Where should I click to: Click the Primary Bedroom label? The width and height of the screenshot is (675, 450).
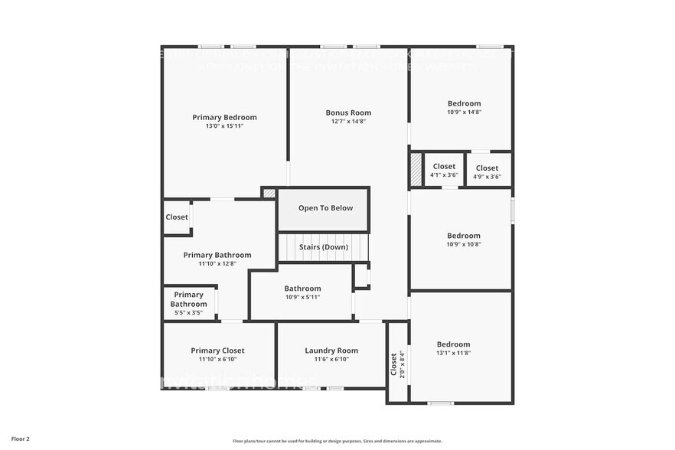[x=224, y=117]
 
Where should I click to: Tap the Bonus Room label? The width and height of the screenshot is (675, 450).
[x=348, y=112]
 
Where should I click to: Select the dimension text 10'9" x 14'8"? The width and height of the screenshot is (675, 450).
[x=464, y=112]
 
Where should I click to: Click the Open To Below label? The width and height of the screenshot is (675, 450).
[x=325, y=207]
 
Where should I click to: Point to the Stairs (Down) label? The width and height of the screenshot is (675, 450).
[x=324, y=247]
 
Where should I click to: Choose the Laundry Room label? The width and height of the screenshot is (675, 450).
[x=331, y=351]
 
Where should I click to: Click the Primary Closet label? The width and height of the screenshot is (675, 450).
[x=218, y=351]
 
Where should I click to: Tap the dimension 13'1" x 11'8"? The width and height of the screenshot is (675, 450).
[x=453, y=353]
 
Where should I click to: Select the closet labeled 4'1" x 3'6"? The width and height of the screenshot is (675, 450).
[x=444, y=170]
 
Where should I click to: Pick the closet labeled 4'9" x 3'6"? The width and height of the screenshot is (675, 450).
[x=487, y=172]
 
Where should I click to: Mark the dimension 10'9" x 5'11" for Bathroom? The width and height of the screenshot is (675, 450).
[x=302, y=297]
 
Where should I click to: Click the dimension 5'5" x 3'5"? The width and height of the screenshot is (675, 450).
[x=188, y=312]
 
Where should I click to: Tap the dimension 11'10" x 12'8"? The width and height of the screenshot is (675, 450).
[x=217, y=264]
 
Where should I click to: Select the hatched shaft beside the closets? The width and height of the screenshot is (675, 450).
[x=416, y=169]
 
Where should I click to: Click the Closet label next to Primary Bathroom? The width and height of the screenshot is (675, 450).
[x=177, y=217]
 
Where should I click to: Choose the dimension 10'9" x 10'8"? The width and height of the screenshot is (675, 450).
[x=464, y=244]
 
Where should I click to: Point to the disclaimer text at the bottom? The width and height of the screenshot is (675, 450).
[x=337, y=441]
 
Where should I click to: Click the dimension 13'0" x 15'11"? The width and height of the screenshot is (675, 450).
[x=224, y=126]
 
